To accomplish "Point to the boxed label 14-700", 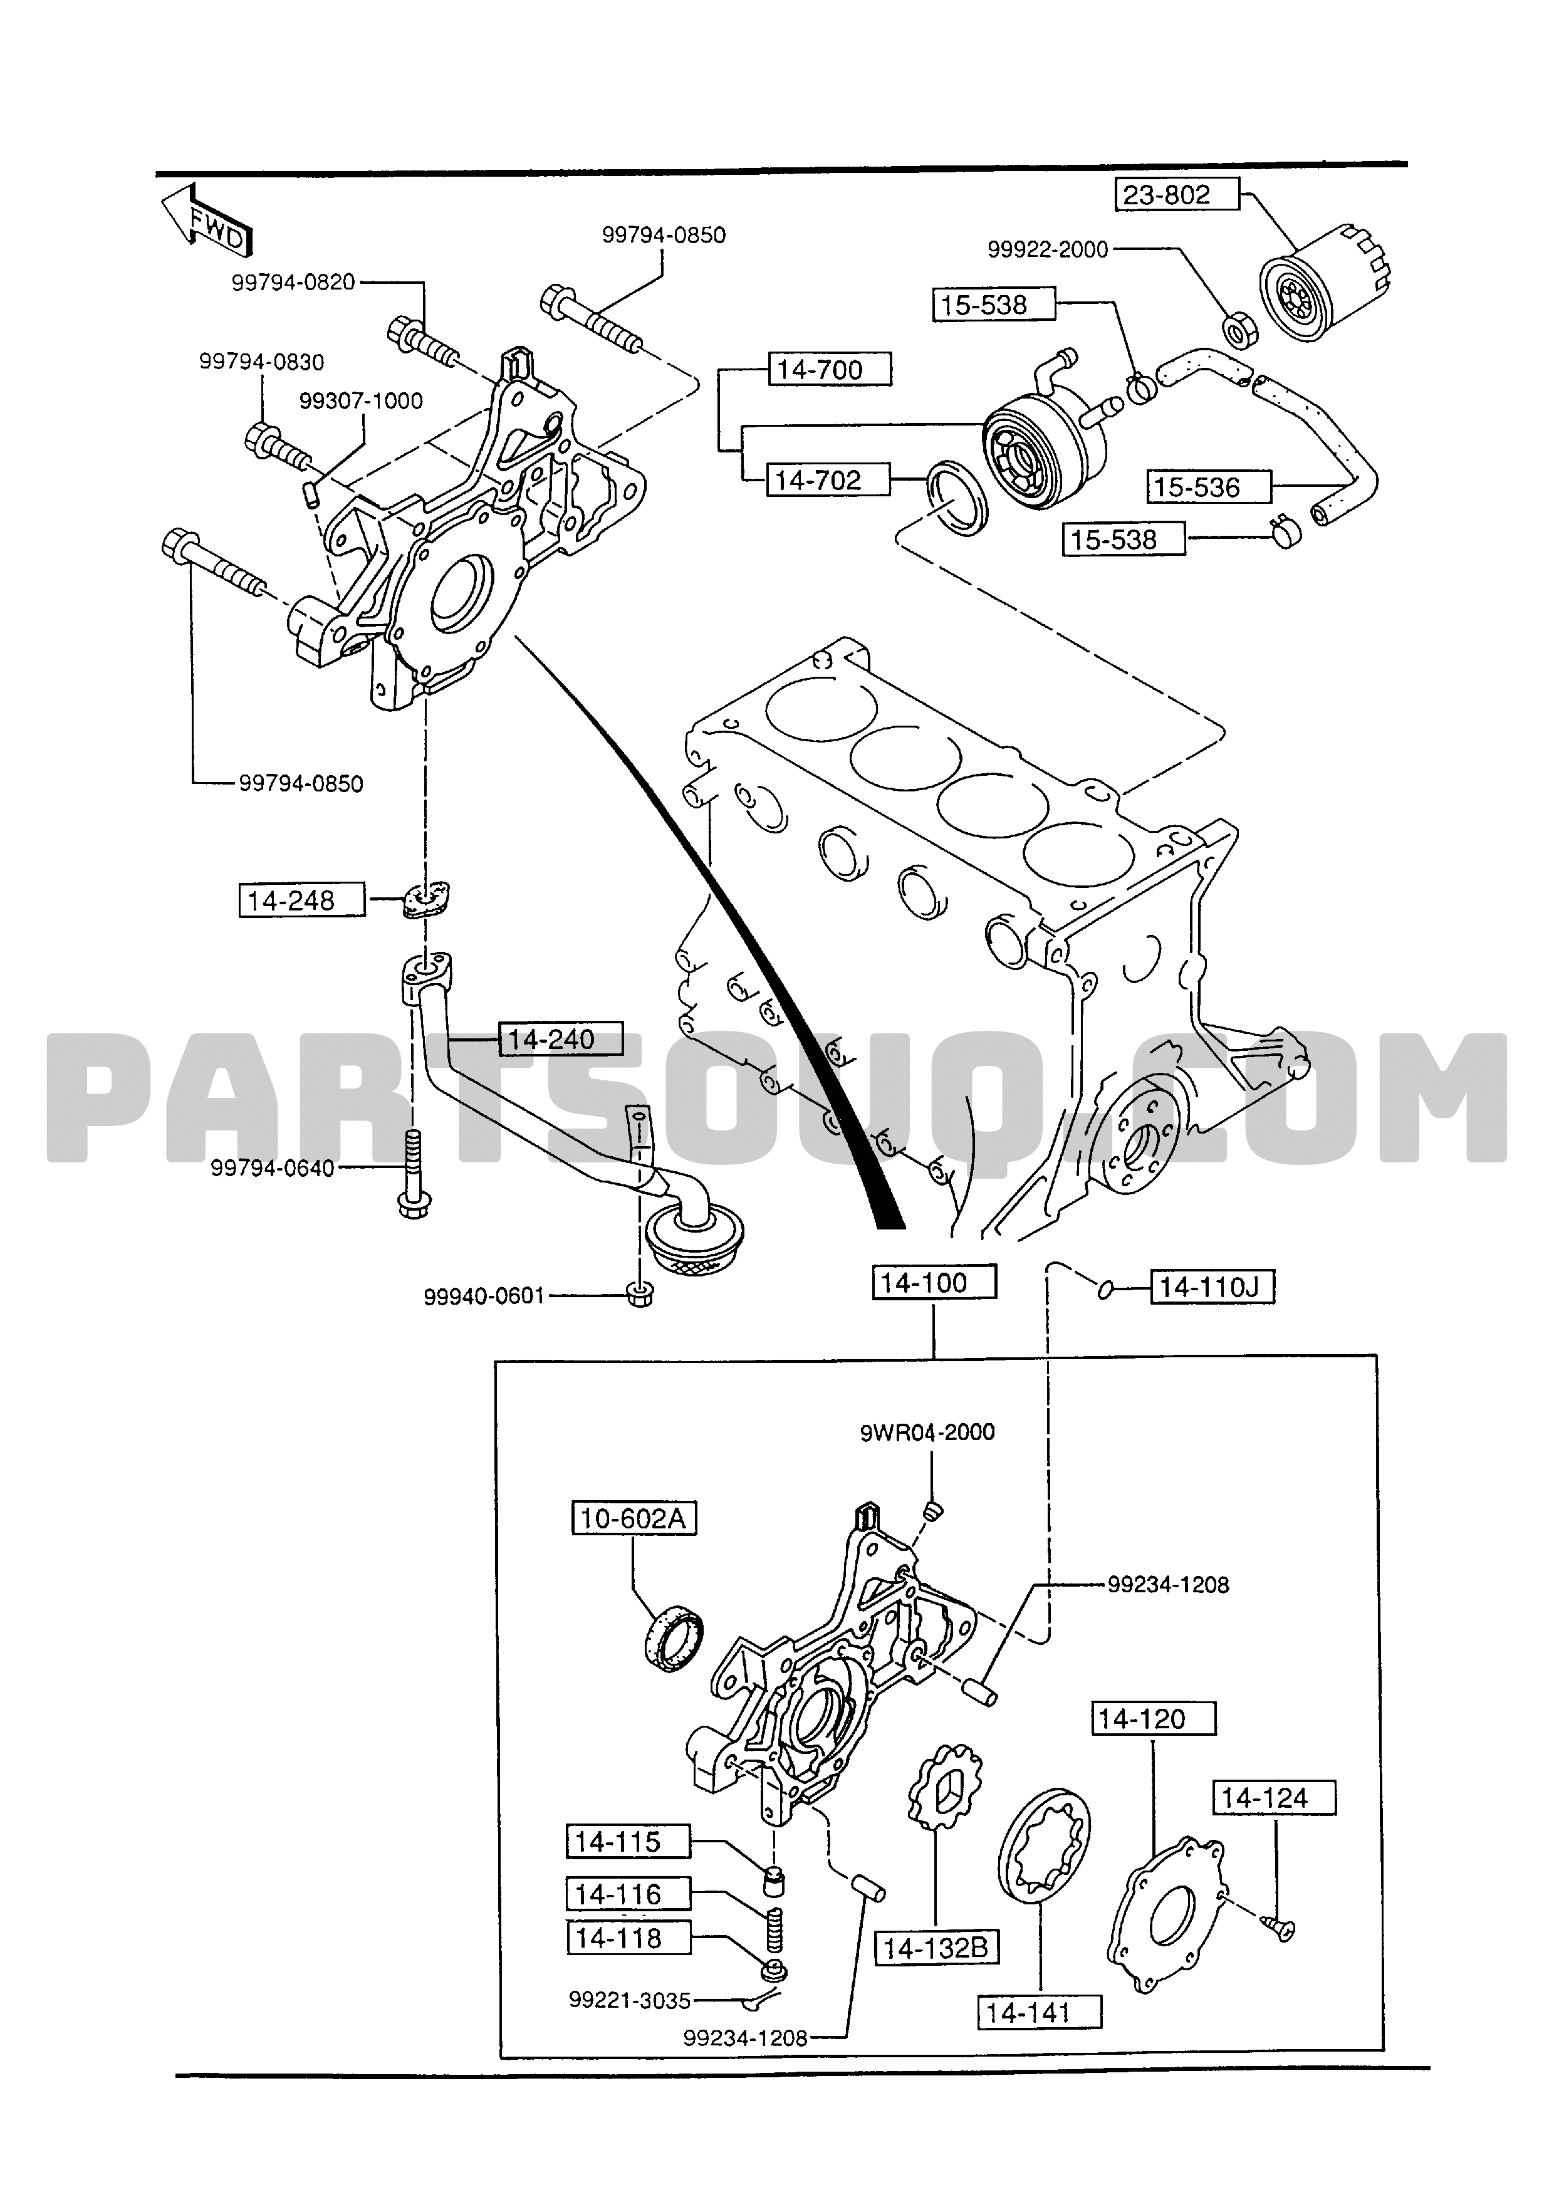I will [830, 369].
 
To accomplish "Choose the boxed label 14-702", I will [828, 479].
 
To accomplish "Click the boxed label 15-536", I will [1209, 487].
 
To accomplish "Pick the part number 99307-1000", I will [361, 401].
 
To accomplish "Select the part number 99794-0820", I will [293, 282].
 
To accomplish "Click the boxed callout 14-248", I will [301, 900].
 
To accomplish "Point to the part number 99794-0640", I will [273, 1167].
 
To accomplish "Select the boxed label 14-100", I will [934, 1282].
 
